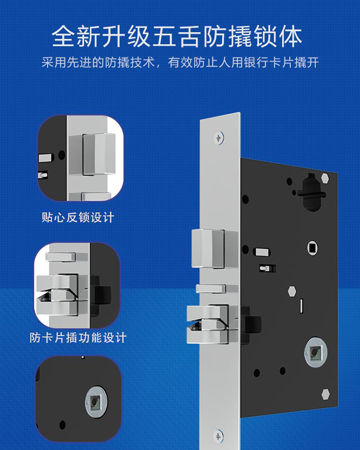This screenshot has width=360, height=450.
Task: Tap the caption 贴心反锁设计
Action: (x=78, y=217)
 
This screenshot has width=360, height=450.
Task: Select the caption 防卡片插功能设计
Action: (x=78, y=337)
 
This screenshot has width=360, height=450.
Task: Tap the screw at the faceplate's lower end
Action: (x=219, y=436)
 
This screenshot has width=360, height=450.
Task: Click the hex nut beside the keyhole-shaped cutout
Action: (x=325, y=178)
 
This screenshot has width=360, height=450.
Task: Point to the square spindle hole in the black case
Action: (x=313, y=248)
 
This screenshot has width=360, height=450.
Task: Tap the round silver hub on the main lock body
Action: (x=316, y=352)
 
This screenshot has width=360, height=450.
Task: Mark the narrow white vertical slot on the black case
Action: (x=301, y=306)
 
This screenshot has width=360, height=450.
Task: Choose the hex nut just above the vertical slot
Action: (x=292, y=291)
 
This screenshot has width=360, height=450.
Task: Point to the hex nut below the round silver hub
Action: (x=325, y=394)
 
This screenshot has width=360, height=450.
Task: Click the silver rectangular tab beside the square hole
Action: (x=262, y=252)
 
